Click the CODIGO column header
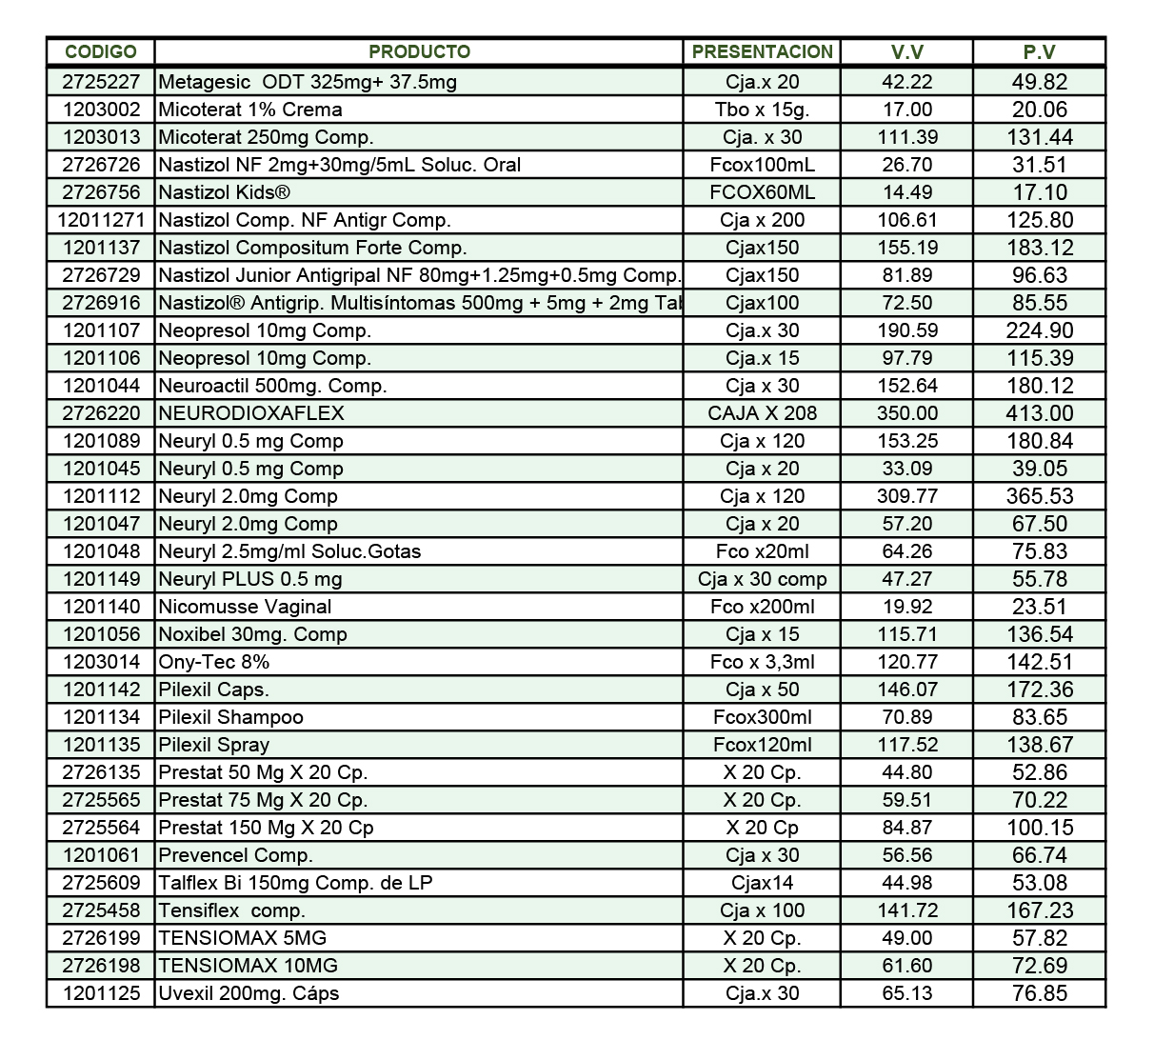click(100, 51)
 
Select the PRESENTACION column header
click(762, 51)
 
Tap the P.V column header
click(1039, 52)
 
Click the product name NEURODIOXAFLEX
click(251, 413)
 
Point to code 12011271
click(101, 220)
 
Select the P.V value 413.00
click(1039, 413)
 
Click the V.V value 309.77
click(906, 496)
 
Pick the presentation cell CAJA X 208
click(762, 413)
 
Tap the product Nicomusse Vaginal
click(245, 607)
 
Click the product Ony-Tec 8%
click(214, 662)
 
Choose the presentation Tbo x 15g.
click(762, 110)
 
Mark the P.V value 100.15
click(1039, 828)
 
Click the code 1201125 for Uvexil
click(101, 993)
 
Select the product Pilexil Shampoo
click(230, 717)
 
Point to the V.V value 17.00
click(906, 110)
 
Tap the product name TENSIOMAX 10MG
click(248, 966)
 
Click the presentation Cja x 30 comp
click(762, 579)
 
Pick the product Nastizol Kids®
click(224, 192)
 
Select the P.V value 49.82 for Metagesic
click(1039, 82)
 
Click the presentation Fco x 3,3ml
click(762, 662)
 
